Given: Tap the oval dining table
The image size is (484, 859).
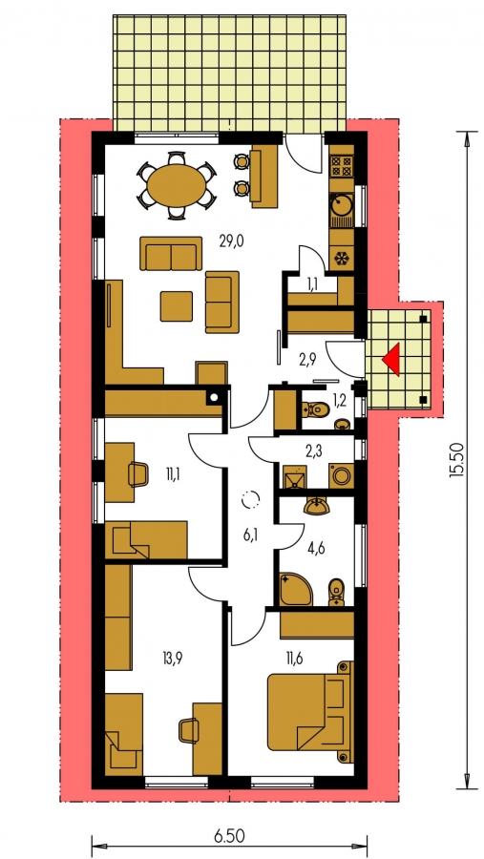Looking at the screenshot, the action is click(x=175, y=186).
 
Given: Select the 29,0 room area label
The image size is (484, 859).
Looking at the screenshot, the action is click(x=231, y=241).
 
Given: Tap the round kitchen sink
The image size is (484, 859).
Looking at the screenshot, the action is click(x=342, y=205).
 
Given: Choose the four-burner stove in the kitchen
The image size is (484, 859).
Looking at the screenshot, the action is click(x=342, y=166).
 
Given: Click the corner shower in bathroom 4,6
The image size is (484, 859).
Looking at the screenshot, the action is click(x=295, y=589).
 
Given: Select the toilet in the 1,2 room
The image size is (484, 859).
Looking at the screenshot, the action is click(x=316, y=409).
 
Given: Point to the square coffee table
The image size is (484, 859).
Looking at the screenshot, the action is click(x=177, y=306).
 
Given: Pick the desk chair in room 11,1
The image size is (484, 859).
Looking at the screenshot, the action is click(x=137, y=473).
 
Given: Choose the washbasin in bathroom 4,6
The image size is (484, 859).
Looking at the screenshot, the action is click(x=317, y=507).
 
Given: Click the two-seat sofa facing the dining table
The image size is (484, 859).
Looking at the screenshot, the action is click(x=171, y=253).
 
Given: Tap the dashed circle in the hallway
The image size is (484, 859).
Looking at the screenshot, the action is click(x=251, y=500).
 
